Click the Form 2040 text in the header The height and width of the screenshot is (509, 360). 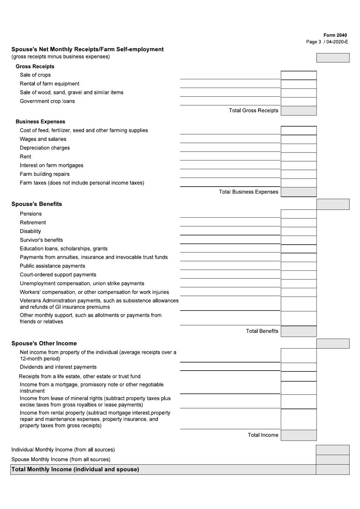(335, 35)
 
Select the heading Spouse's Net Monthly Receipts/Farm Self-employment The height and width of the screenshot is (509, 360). (88, 49)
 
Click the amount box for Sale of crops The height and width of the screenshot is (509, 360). (298, 75)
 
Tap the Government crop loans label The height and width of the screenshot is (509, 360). (47, 101)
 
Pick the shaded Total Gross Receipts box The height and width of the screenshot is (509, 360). (298, 111)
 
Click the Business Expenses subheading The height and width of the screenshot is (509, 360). (40, 122)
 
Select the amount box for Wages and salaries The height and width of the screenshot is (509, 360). (298, 140)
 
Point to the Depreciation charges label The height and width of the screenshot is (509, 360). (45, 148)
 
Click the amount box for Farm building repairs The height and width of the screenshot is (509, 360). (298, 174)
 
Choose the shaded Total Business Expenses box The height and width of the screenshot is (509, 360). (298, 192)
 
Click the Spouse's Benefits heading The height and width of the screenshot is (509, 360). (37, 204)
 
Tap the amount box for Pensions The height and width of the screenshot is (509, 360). (298, 214)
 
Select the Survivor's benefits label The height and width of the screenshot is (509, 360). (41, 240)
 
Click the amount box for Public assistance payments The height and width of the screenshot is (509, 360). (298, 266)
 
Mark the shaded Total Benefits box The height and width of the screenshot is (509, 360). (298, 331)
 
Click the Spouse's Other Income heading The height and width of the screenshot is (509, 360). (44, 344)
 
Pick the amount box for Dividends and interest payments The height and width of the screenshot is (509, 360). (298, 367)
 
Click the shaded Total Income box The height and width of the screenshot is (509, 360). (298, 435)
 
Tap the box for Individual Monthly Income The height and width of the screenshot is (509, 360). (332, 450)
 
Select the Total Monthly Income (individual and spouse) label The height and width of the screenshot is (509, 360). (75, 470)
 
